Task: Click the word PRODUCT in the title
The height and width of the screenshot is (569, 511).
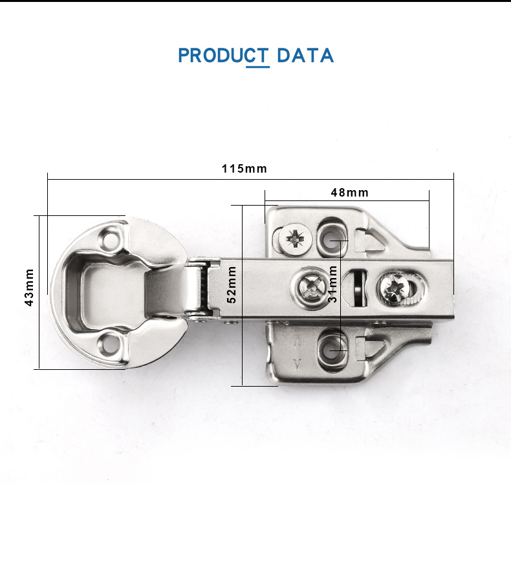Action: click(224, 56)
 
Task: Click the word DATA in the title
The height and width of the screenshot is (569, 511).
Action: click(305, 56)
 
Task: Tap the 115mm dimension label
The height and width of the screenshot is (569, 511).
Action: click(245, 169)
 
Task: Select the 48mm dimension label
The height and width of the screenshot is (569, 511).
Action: click(349, 192)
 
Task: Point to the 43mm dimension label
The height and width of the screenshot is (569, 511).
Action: click(29, 287)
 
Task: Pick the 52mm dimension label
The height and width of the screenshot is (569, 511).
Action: click(232, 284)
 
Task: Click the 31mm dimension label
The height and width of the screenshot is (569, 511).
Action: click(332, 284)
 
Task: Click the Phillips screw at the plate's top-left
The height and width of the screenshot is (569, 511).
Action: click(295, 239)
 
